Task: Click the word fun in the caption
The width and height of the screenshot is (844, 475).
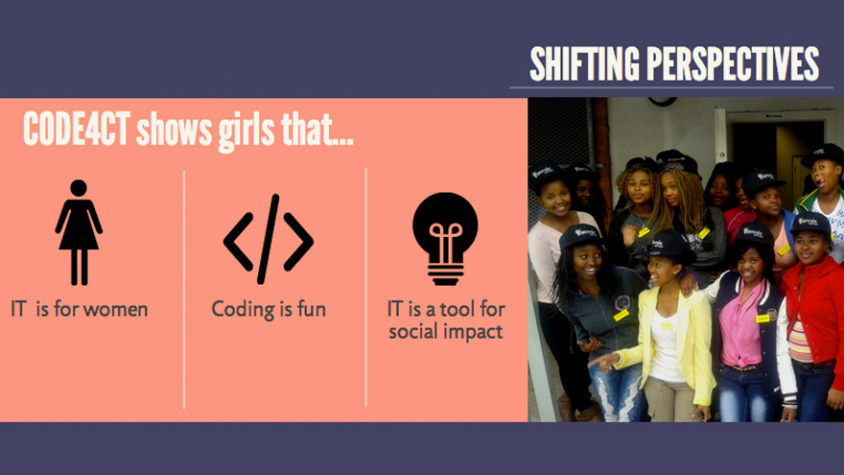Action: point(311,310)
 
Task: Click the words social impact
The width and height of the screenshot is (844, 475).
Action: point(445,332)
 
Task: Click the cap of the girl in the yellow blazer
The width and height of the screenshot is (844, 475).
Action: point(668,246)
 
